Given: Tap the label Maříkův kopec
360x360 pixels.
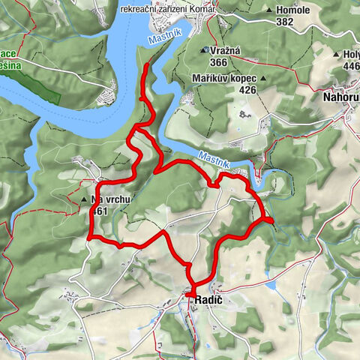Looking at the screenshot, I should pyautogui.click(x=223, y=78).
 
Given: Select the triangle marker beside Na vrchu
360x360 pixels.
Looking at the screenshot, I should pyautogui.click(x=84, y=201).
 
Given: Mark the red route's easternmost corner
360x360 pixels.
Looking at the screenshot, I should pyautogui.click(x=270, y=220).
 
